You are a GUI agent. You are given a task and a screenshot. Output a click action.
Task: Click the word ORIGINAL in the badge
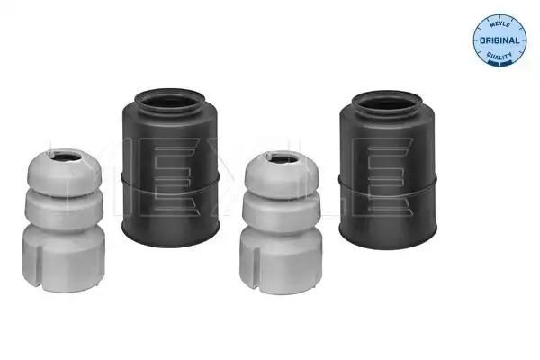(x=499, y=40)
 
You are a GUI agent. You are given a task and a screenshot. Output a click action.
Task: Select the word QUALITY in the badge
(x=499, y=55)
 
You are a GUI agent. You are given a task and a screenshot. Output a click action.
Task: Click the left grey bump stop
(x=64, y=220)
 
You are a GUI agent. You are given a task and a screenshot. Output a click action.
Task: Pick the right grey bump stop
(x=281, y=222)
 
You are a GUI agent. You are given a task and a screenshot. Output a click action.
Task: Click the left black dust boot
(x=170, y=167)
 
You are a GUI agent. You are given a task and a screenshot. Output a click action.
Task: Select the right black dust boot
(x=388, y=170)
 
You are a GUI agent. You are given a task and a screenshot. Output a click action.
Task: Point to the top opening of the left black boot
(x=169, y=102)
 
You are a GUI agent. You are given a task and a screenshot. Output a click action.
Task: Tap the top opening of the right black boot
(x=387, y=103)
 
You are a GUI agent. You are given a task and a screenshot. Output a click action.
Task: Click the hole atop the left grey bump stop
(x=67, y=157)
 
